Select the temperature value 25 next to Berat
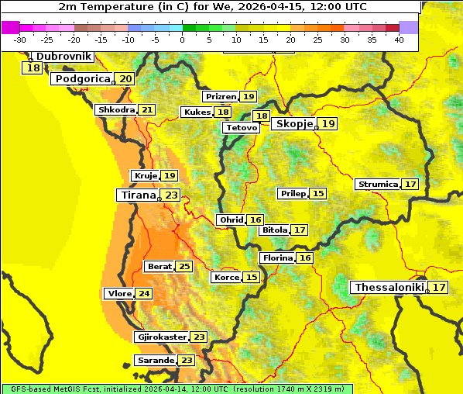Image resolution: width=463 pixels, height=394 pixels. [x=183, y=266]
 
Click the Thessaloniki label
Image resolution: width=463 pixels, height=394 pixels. [x=389, y=287]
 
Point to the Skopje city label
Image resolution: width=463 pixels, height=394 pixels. [x=293, y=123]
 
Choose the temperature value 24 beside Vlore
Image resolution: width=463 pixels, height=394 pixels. [x=144, y=293]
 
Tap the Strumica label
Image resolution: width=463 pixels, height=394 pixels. [x=377, y=184]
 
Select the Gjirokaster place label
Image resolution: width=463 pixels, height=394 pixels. [x=161, y=337]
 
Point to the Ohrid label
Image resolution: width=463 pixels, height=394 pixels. [x=231, y=219]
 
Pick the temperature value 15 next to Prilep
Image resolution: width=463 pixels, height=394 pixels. [x=318, y=193]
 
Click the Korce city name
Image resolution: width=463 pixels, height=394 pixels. [x=226, y=277]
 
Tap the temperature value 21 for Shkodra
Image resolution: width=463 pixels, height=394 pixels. [x=147, y=109]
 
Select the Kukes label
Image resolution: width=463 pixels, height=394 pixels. [x=196, y=112]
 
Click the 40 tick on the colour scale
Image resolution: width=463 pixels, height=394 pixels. [x=399, y=40]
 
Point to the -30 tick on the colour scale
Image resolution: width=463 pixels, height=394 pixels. [x=20, y=40]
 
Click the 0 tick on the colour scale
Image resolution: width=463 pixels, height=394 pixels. [x=182, y=40]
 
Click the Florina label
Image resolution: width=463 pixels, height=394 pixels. [x=277, y=257]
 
